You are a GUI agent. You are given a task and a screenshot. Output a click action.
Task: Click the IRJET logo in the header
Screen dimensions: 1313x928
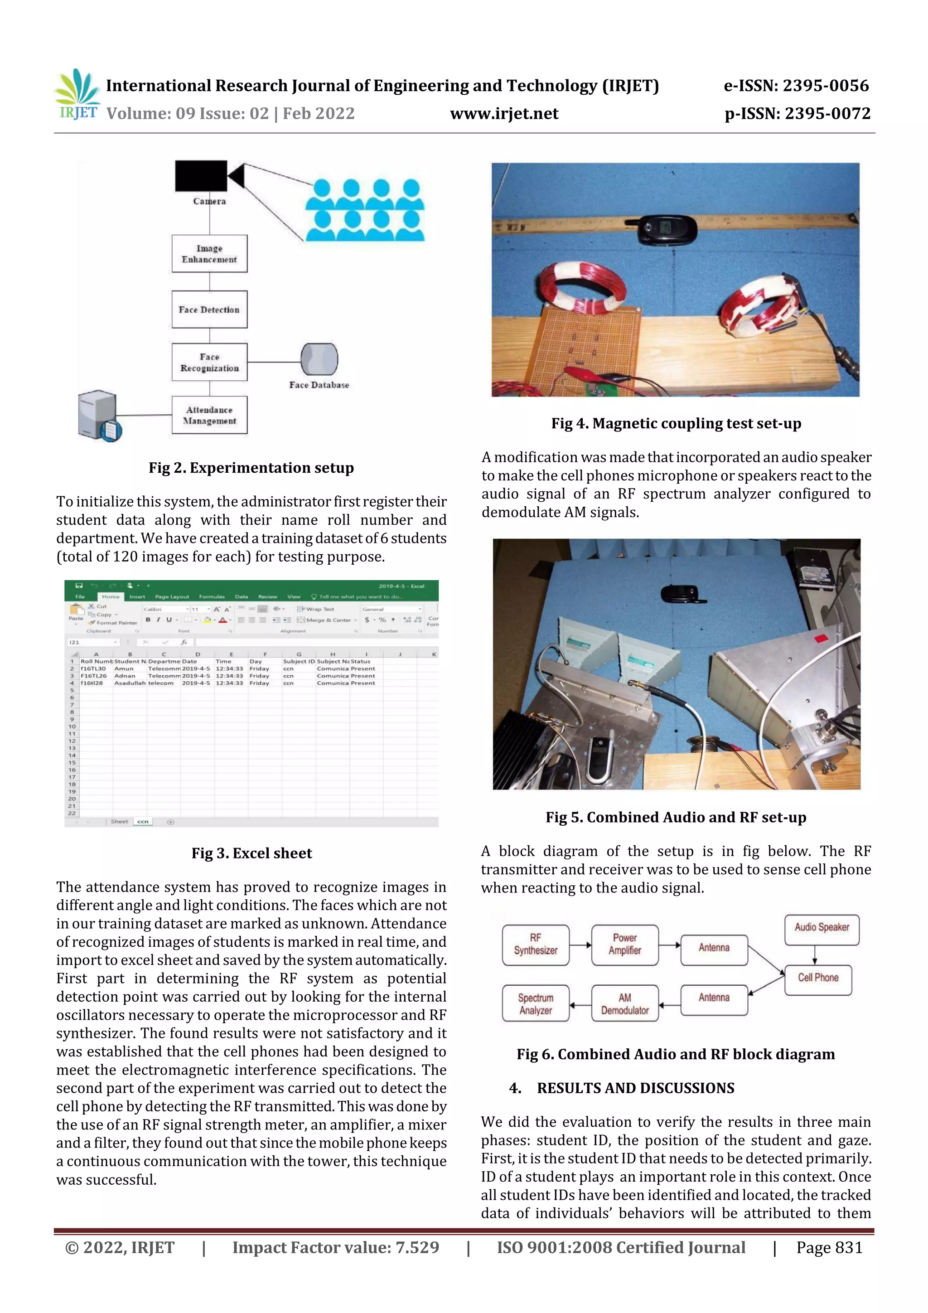[x=78, y=94]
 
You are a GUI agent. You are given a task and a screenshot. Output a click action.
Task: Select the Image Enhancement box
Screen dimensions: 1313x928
[x=209, y=254]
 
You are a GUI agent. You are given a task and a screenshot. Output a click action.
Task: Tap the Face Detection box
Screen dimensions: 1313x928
[x=209, y=310]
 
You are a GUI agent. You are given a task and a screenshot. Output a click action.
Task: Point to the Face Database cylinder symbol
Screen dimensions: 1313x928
[x=319, y=359]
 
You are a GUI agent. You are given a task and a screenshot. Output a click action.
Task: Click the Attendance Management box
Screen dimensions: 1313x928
[x=209, y=415]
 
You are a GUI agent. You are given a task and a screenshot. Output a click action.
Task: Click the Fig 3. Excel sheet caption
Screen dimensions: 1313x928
[x=251, y=853]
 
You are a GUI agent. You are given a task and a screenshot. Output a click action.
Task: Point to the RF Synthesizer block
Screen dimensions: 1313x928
[x=535, y=945]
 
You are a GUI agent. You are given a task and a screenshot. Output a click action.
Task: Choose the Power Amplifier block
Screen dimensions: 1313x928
[x=624, y=945]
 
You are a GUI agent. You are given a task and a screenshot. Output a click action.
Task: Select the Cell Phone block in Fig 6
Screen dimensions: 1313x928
[x=818, y=979]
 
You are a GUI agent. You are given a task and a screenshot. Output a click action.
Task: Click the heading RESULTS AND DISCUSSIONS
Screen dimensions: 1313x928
[x=635, y=1088]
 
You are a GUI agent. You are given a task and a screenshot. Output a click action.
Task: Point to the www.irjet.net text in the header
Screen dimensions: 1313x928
[x=504, y=114]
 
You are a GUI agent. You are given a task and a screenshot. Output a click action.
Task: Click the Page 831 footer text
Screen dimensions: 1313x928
[x=829, y=1248]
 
